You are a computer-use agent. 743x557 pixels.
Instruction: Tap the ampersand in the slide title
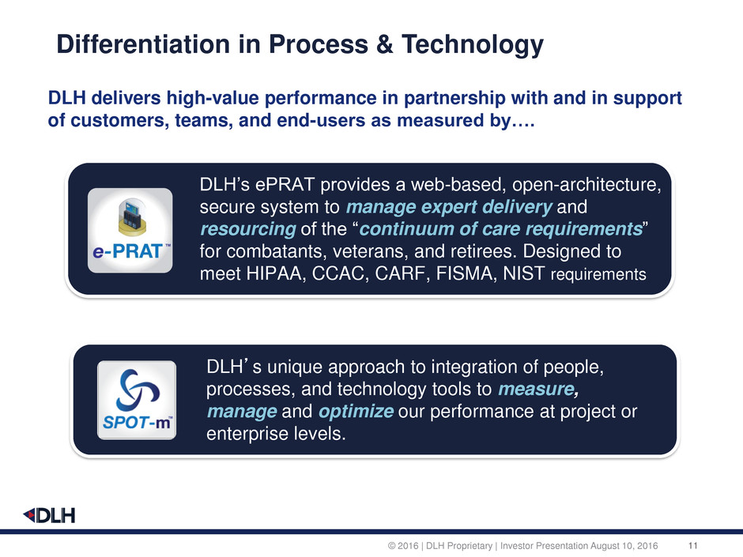(x=385, y=44)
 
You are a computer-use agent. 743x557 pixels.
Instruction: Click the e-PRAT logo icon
(x=130, y=230)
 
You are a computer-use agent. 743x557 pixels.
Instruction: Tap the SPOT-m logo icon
(x=137, y=401)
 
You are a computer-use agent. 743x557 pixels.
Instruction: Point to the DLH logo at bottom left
(x=49, y=515)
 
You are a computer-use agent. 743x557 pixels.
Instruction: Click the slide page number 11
(x=692, y=546)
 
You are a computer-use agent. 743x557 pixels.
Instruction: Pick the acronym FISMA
(x=466, y=273)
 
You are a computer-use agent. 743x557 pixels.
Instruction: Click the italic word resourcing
(x=248, y=229)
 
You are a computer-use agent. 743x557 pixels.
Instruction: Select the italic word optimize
(x=356, y=411)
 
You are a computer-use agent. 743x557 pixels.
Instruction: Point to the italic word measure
(x=537, y=389)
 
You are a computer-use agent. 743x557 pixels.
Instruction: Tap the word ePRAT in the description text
(x=285, y=184)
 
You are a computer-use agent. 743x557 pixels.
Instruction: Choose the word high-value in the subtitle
(x=213, y=98)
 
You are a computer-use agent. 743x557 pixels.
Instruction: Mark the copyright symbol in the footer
(x=391, y=546)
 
